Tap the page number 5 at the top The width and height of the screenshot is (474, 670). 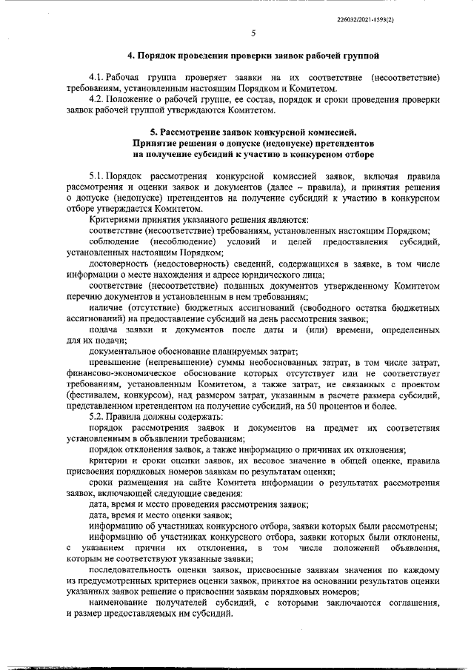253,33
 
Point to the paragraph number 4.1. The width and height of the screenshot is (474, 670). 96,77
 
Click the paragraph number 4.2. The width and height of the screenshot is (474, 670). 96,99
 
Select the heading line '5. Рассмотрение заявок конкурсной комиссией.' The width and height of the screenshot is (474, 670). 253,133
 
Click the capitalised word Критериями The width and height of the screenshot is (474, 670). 113,220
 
